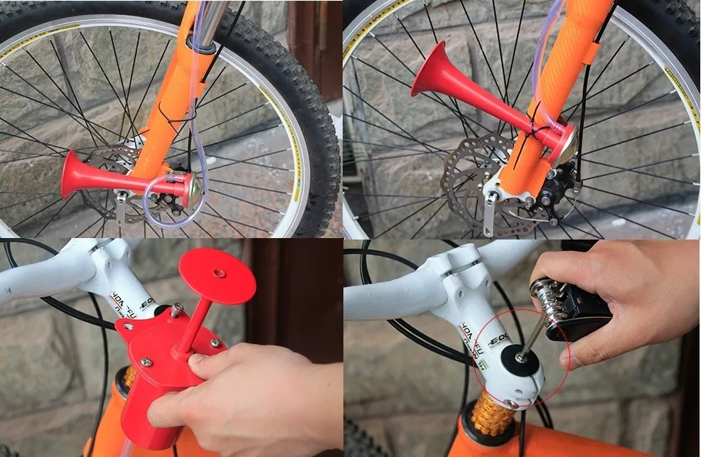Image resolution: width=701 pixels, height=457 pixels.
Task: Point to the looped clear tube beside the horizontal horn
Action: tap(165, 205)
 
